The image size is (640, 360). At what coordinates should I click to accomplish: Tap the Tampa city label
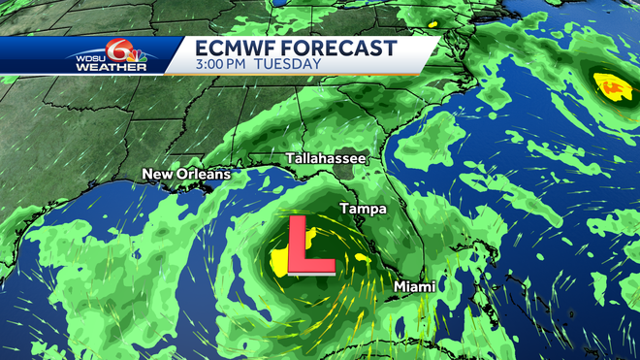[x=363, y=209]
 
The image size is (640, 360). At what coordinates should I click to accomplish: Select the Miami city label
[x=414, y=286]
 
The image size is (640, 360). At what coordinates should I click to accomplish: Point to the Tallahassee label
[x=325, y=157]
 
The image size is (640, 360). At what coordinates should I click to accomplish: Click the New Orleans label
[x=186, y=175]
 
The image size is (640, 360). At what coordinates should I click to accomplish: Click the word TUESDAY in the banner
[x=291, y=64]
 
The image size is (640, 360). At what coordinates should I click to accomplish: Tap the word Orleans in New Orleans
[x=204, y=175]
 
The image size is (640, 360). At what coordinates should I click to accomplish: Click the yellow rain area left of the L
[x=279, y=257]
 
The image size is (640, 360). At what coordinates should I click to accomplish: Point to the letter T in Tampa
[x=343, y=209]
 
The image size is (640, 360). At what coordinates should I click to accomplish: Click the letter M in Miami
[x=400, y=286]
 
